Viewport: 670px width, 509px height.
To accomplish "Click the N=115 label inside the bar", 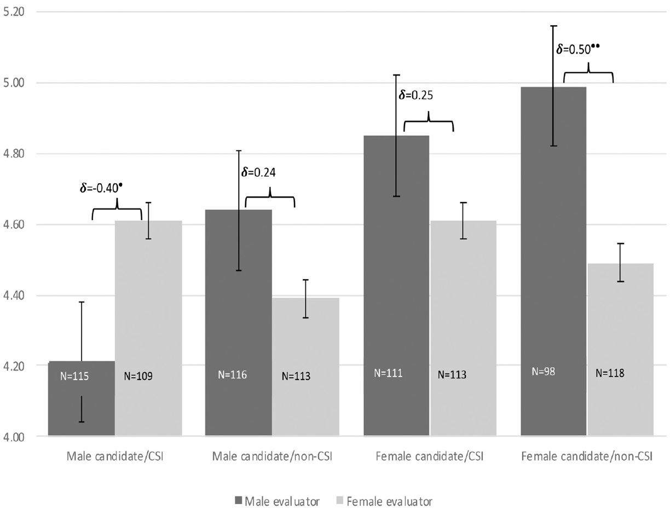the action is tap(74, 376).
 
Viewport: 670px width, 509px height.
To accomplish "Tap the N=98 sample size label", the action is tap(544, 372).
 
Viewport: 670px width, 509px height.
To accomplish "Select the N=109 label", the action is tap(138, 376).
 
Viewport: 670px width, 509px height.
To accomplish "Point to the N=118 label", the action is tap(610, 373).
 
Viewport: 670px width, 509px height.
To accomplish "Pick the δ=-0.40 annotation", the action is tap(101, 187).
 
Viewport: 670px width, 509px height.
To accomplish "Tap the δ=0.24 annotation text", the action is tap(258, 172).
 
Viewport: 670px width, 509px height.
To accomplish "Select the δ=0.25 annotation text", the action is tap(415, 95).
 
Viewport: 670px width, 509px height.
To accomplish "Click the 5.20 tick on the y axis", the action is tap(14, 12).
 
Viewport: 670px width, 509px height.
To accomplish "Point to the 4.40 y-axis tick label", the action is tap(14, 296).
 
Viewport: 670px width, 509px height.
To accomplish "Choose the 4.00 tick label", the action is tap(14, 437).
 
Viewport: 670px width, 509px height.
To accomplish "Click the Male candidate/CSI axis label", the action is tap(115, 456).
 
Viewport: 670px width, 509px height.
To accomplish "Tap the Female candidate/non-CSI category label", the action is tap(587, 456).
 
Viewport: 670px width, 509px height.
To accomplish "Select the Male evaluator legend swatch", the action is tap(239, 500).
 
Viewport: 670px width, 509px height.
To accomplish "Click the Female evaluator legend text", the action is tap(390, 501).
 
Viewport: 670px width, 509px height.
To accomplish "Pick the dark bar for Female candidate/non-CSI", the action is tap(553, 261).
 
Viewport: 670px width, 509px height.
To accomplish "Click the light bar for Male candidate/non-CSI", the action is tap(305, 367).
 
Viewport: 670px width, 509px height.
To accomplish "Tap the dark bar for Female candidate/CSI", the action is tap(396, 286).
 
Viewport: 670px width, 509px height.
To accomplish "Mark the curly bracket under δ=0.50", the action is tap(588, 73).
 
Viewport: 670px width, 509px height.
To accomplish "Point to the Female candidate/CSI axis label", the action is tap(430, 456).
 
